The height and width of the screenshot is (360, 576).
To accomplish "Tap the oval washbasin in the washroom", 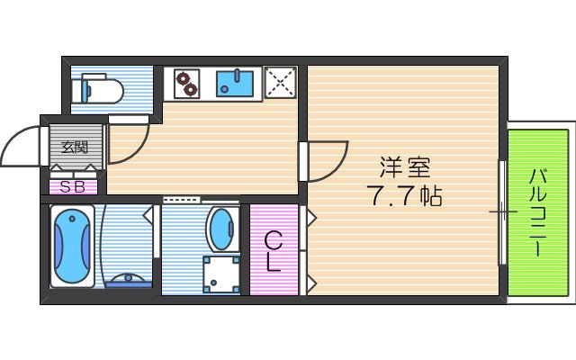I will pyautogui.click(x=220, y=230).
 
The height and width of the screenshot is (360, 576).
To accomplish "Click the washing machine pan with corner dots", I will pyautogui.click(x=220, y=274).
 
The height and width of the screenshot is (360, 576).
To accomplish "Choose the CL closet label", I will pyautogui.click(x=274, y=251).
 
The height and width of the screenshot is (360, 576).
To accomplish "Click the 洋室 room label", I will pyautogui.click(x=404, y=167).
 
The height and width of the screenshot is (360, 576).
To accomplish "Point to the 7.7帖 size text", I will pyautogui.click(x=404, y=196).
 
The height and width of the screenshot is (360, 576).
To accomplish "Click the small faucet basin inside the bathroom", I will pyautogui.click(x=129, y=280).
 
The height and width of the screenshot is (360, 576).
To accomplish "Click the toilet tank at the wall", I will pyautogui.click(x=78, y=88).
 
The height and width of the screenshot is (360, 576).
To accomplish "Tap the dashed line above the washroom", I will pyautogui.click(x=183, y=200).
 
